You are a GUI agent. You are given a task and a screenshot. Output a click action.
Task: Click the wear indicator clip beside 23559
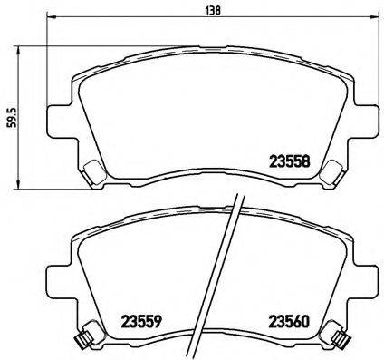(82, 341)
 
